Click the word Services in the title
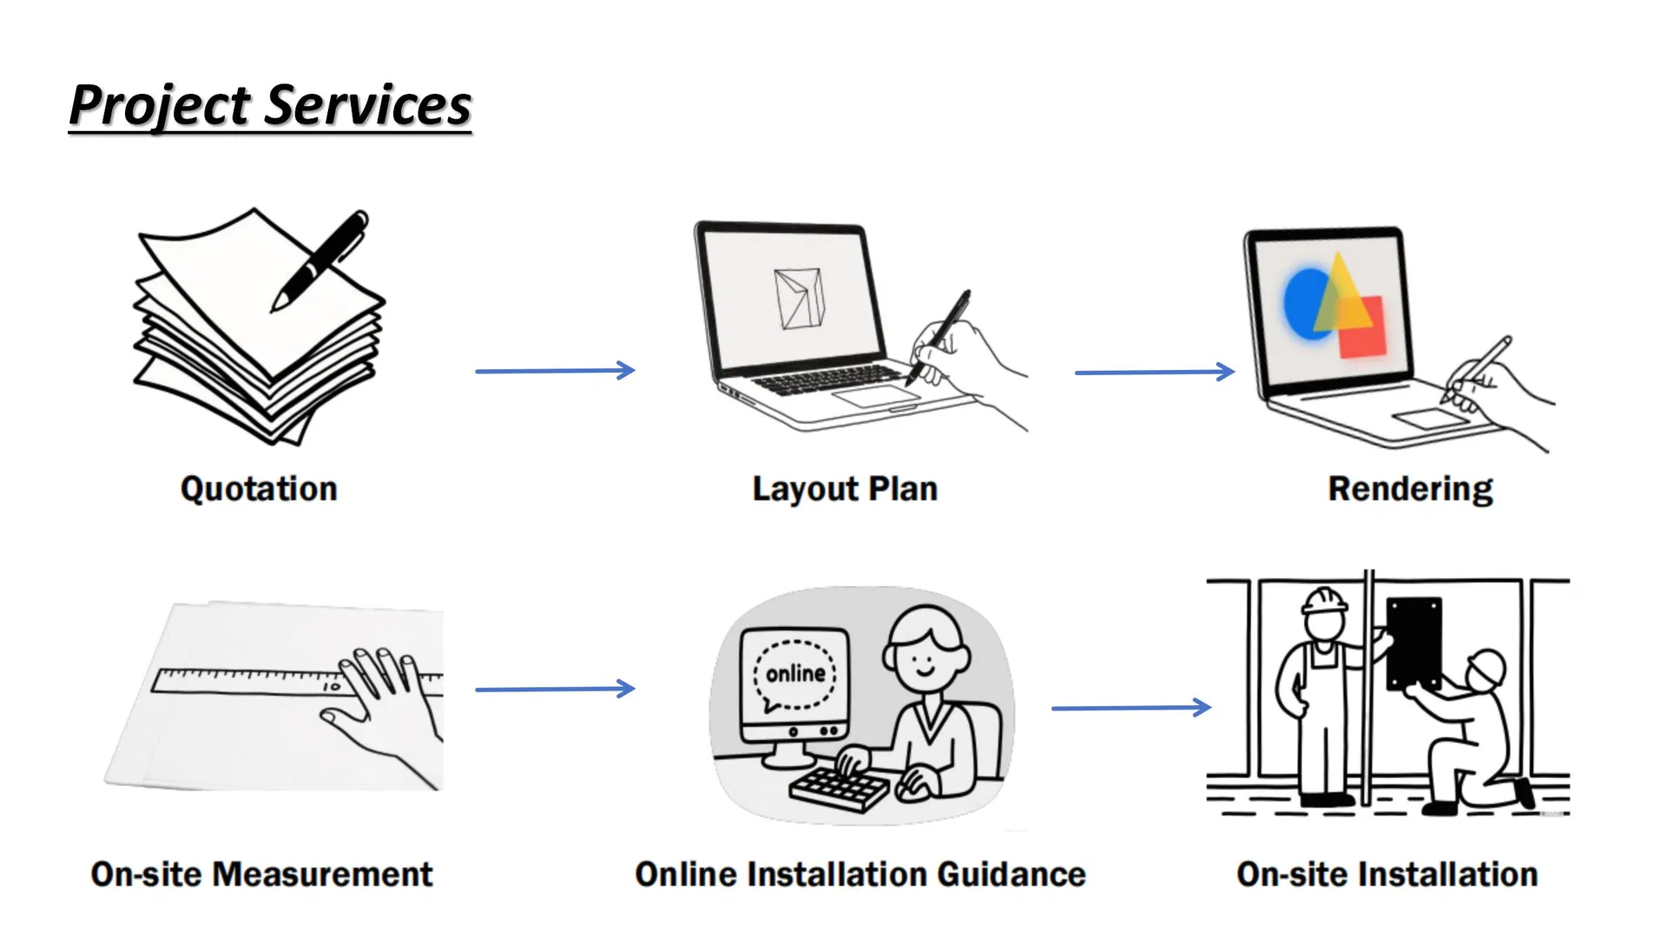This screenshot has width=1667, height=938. point(367,105)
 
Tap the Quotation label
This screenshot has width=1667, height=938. point(259,489)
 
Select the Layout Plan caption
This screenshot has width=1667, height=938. point(845,489)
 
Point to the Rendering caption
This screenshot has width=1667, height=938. point(1410,490)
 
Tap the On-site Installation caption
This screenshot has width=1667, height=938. point(1387,875)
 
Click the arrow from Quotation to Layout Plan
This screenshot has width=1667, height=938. point(555,371)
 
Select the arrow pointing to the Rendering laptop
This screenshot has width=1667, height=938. point(1155,372)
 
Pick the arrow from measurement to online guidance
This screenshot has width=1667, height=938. point(555,689)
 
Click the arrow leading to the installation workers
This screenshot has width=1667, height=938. point(1131,708)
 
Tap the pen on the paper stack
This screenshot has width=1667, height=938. point(320,260)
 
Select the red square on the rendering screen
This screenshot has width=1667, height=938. point(1361,327)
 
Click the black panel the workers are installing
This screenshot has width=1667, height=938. point(1413,643)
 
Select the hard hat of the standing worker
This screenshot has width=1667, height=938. point(1324,600)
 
